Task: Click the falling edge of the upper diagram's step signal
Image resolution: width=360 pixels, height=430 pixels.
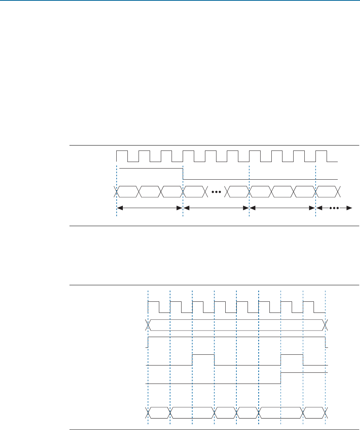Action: point(183,174)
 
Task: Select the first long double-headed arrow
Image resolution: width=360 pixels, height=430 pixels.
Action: point(149,208)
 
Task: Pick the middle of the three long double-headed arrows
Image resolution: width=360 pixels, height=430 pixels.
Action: point(216,208)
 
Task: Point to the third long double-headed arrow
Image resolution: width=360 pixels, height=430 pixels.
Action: point(282,208)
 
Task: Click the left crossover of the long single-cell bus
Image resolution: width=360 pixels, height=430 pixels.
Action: point(148,325)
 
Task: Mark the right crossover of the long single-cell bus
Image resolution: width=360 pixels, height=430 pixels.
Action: point(325,325)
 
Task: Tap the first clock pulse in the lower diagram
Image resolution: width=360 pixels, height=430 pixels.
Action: point(154,307)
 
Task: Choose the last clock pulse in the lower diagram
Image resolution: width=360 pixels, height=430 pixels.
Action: point(309,307)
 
